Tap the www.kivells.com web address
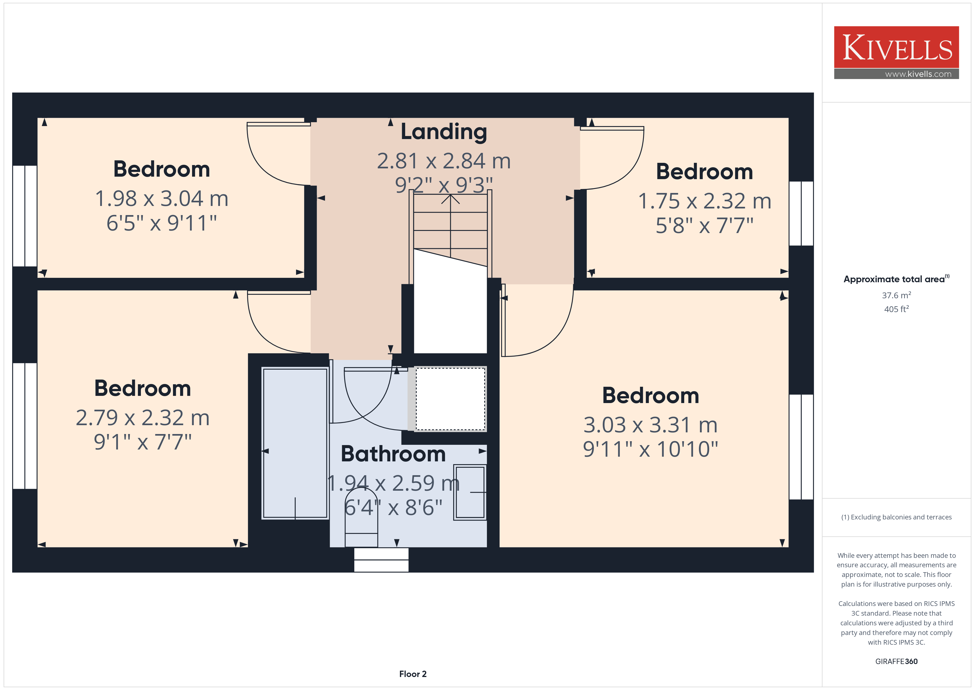(x=918, y=74)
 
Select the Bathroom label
(x=393, y=454)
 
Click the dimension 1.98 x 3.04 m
(x=162, y=198)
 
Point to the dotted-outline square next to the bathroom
(x=450, y=399)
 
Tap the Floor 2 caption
(x=413, y=674)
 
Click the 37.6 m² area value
(x=897, y=295)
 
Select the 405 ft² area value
(x=897, y=309)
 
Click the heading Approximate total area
(x=896, y=279)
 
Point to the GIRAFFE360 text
(x=897, y=661)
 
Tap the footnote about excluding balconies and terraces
(x=897, y=517)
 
